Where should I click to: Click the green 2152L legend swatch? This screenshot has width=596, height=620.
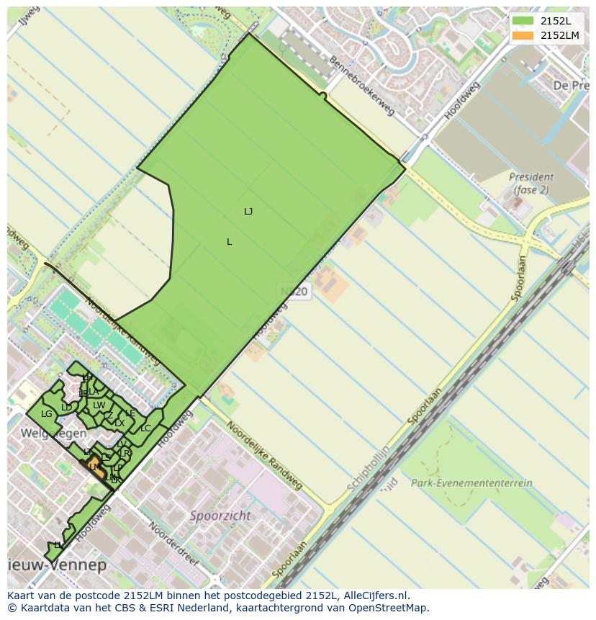(523, 21)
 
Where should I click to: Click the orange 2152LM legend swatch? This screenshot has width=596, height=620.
(523, 35)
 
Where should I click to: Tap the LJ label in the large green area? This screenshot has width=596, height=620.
(248, 211)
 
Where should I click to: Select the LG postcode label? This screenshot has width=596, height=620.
(47, 414)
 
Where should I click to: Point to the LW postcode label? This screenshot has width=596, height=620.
(99, 405)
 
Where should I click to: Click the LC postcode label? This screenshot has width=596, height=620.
(145, 428)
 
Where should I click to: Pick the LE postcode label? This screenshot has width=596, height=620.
(130, 413)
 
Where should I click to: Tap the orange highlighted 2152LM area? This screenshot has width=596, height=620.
(94, 467)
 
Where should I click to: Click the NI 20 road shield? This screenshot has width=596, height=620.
(294, 292)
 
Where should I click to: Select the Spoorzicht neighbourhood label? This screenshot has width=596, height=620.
(220, 516)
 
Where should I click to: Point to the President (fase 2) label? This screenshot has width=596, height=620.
(531, 183)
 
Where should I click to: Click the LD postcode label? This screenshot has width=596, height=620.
(67, 408)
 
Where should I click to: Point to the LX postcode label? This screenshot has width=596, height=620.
(119, 423)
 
